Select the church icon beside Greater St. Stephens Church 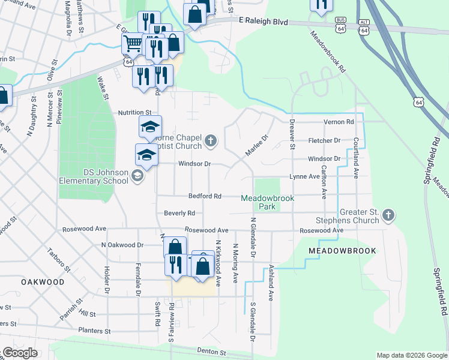pos(388,214)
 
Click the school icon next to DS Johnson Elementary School pos(137,175)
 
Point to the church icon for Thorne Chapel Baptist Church pos(210,141)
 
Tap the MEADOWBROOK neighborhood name pos(342,251)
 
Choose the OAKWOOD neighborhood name pos(42,281)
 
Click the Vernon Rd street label pos(339,122)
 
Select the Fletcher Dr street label pos(324,140)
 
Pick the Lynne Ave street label pos(304,176)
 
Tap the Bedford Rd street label pos(205,196)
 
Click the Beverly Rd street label pos(179,213)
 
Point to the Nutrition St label pos(134,112)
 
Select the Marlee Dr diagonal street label pos(256,146)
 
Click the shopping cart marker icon pos(132,43)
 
